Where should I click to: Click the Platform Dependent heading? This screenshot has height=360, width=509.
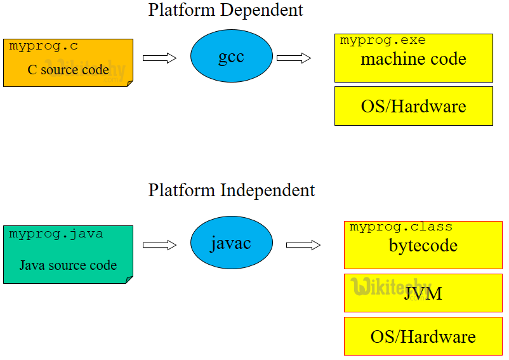(225, 10)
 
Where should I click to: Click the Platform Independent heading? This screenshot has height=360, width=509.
(232, 190)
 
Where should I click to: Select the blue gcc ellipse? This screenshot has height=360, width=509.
(232, 57)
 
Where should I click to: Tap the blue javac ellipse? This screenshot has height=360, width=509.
(232, 243)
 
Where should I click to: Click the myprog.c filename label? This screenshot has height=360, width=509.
(44, 46)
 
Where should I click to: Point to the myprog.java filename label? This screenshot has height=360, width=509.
(56, 234)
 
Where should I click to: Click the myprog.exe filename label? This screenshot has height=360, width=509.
(383, 41)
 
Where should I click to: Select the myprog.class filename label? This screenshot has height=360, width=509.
(400, 227)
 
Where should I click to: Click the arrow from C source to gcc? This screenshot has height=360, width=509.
(159, 58)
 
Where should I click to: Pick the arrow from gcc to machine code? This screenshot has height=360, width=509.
(294, 58)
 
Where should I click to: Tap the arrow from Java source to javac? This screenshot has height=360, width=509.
(159, 245)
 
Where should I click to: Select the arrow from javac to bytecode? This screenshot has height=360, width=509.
(303, 245)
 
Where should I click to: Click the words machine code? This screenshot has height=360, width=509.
(413, 60)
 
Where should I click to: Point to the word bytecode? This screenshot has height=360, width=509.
(423, 246)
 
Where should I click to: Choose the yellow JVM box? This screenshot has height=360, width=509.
(423, 293)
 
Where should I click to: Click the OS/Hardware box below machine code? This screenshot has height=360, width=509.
(413, 106)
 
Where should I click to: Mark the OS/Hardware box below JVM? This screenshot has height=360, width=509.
(423, 336)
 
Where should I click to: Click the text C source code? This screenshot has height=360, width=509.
(68, 70)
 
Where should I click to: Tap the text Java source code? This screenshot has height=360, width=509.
(68, 265)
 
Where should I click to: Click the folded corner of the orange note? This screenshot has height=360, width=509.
(129, 83)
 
